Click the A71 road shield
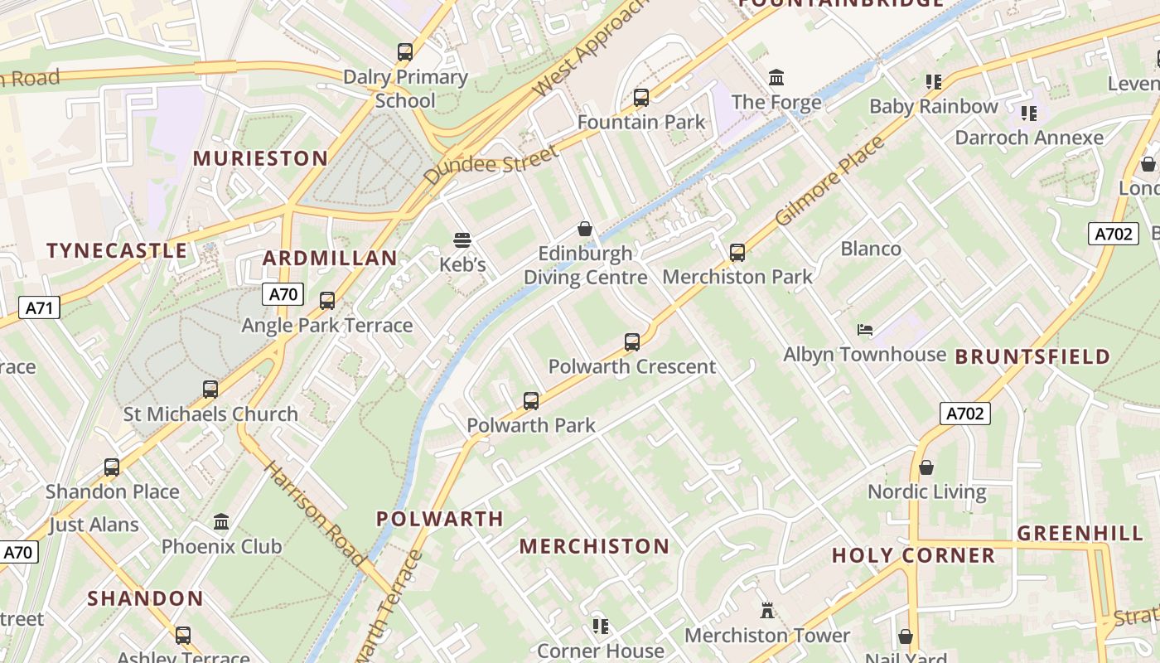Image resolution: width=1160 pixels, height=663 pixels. [x=39, y=308]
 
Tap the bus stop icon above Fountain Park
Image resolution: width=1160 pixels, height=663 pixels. [x=640, y=98]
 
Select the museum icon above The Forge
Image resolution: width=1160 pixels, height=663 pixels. [x=776, y=78]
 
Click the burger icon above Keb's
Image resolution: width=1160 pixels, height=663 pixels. [x=462, y=240]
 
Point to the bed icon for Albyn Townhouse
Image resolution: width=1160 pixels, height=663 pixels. [x=864, y=330]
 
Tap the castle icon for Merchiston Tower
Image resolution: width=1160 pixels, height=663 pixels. [x=767, y=611]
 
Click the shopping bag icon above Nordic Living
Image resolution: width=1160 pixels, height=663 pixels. [x=926, y=467]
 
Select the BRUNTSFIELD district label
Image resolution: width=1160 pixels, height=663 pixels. [x=1032, y=356]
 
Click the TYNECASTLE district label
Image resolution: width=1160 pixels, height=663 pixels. [x=117, y=250]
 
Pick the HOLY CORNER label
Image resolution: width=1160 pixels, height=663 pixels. [x=913, y=555]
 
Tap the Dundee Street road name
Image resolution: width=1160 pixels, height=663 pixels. [x=490, y=165]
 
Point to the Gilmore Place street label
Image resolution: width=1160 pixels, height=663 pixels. [x=829, y=181]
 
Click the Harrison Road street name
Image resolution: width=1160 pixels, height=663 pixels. [x=314, y=514]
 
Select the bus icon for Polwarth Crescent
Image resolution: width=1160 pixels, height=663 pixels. [x=632, y=341]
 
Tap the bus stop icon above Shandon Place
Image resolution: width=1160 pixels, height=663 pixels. [x=112, y=467]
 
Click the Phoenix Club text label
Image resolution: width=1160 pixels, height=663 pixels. [x=221, y=546]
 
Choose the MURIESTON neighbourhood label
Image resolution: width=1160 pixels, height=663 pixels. [x=260, y=157]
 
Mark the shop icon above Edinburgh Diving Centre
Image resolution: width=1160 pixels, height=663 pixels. [x=585, y=229]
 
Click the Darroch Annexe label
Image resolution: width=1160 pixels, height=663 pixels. [x=1029, y=138]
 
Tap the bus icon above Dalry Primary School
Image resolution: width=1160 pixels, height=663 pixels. [x=405, y=52]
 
